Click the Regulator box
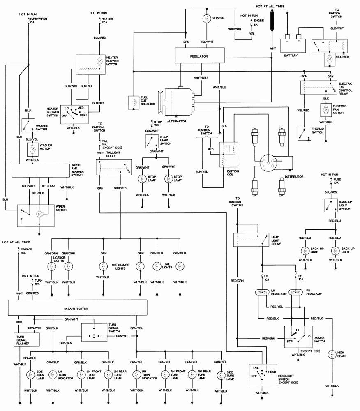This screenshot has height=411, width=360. point(199,55)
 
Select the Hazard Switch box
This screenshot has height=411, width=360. point(78,307)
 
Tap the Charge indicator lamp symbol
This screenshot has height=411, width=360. point(206,18)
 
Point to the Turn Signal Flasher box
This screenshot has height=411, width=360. point(25,339)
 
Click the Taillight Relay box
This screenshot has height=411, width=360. point(112,167)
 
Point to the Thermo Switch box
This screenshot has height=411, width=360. point(305,134)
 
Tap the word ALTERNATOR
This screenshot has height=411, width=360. point(176,122)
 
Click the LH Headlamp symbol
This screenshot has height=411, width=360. point(261,293)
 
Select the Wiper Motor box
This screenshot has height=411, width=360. point(36,215)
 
